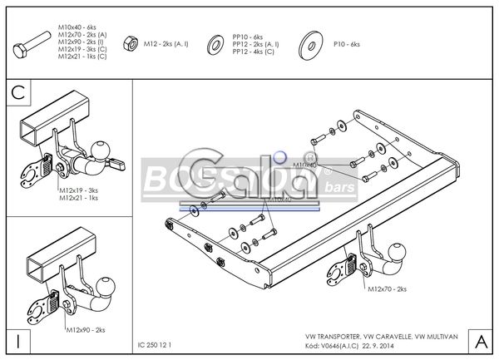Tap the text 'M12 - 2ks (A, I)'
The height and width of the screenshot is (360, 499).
[170, 42]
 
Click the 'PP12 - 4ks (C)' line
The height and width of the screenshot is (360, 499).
[255, 52]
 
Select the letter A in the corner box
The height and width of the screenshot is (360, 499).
[480, 341]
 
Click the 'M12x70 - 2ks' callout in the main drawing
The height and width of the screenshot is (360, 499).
[388, 288]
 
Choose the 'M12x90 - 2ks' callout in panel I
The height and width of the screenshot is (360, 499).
[86, 330]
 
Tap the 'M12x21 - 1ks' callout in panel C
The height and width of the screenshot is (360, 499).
[78, 198]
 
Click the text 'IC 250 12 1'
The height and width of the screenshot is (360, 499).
[156, 343]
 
